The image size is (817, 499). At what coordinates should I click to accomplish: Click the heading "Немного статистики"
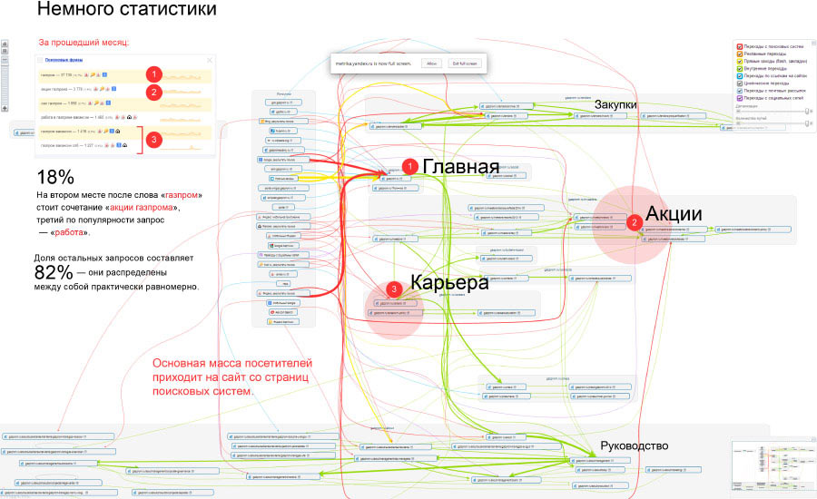(x=126, y=12)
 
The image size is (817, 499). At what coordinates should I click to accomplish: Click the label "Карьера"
(x=449, y=282)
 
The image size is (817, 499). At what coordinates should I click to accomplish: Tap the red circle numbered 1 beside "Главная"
(x=436, y=166)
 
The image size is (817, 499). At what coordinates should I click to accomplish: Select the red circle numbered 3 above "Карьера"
(x=392, y=289)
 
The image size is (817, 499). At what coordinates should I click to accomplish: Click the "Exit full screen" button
(x=463, y=64)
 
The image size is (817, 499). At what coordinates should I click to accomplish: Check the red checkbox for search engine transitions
(x=740, y=45)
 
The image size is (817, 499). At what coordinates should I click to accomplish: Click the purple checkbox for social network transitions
(x=740, y=97)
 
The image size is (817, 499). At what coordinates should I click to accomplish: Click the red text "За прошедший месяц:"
(x=83, y=42)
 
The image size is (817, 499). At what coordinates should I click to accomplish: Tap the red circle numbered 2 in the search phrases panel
(x=155, y=92)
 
